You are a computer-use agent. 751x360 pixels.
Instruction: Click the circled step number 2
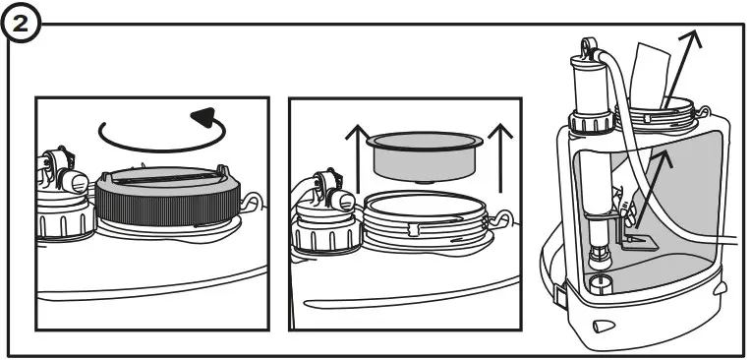20,20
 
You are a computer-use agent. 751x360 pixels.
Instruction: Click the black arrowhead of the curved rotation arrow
204,119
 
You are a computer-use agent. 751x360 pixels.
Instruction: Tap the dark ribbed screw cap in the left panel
166,202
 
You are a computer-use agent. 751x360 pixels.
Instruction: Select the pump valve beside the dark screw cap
62,192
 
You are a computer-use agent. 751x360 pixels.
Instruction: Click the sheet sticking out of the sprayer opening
652,74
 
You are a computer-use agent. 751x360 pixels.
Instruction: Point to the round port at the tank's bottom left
596,286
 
